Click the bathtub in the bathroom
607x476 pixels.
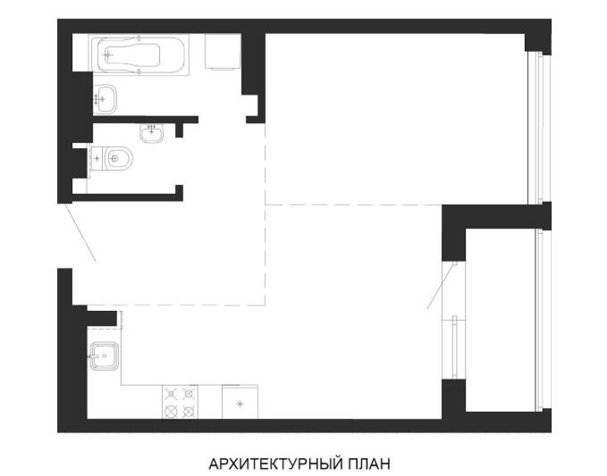(139, 54)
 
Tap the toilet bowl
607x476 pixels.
(118, 159)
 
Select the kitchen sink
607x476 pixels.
(104, 356)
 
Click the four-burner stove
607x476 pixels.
(180, 402)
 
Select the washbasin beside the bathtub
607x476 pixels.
(105, 99)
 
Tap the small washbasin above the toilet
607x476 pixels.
(152, 133)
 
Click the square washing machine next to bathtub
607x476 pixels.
(223, 52)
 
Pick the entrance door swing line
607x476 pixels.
(80, 233)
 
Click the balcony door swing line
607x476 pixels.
(441, 286)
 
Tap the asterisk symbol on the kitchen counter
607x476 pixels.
(240, 404)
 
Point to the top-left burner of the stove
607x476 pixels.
(171, 394)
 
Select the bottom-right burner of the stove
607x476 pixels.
(189, 411)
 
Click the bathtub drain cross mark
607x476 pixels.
(109, 54)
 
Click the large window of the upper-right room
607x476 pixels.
(539, 128)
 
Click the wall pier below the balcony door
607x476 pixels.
(454, 399)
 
